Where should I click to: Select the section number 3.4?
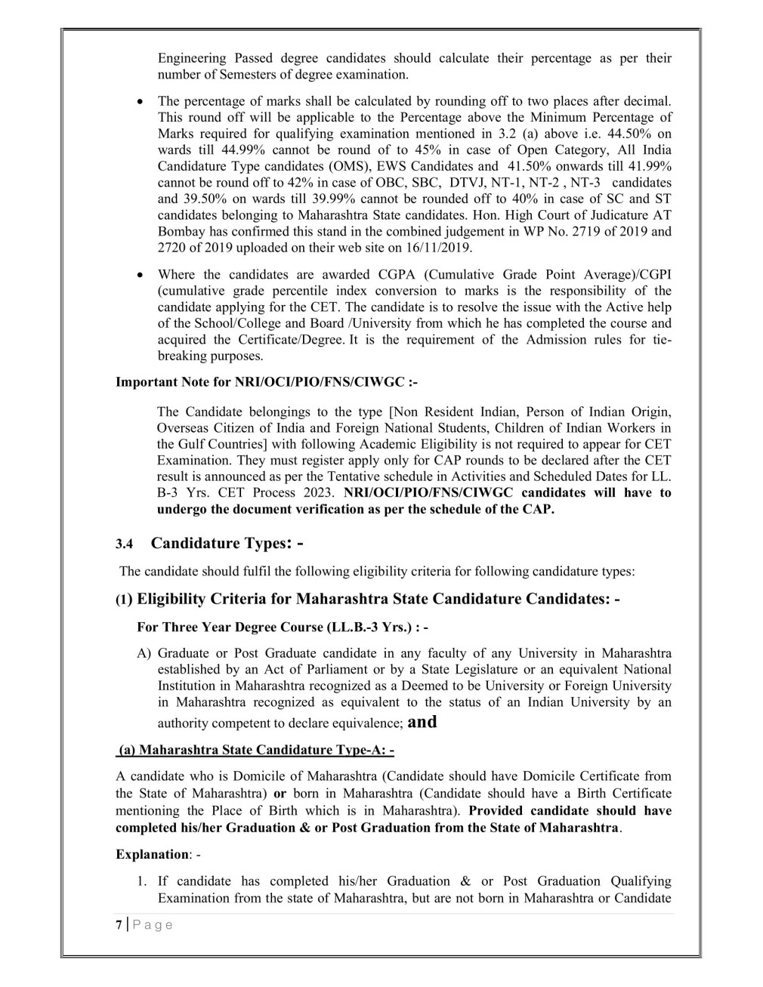(x=124, y=544)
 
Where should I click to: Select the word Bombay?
(x=179, y=231)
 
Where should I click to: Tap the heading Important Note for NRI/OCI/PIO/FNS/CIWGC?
(x=266, y=382)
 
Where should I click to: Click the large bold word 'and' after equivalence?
(x=422, y=721)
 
